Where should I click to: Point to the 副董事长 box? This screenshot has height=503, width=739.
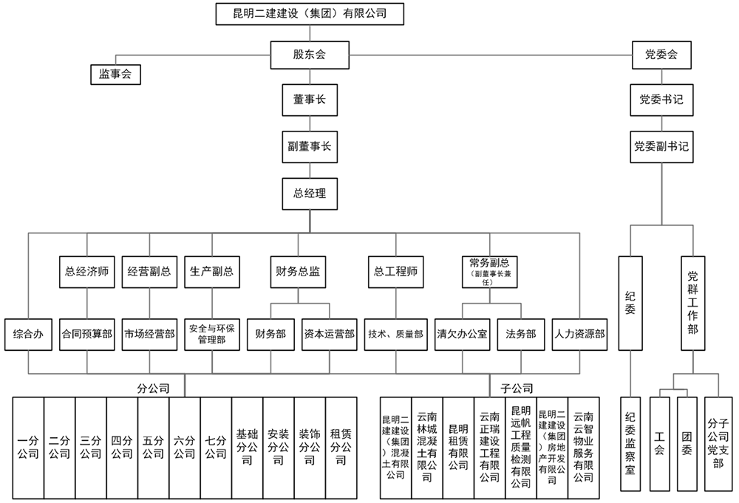(x=310, y=146)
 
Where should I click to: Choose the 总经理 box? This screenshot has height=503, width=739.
(x=310, y=194)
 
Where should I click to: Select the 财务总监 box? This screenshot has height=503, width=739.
(x=299, y=271)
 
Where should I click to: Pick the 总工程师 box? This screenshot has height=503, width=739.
(x=397, y=271)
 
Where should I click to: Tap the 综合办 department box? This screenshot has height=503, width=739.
(x=28, y=333)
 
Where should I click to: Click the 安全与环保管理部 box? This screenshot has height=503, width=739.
(x=211, y=334)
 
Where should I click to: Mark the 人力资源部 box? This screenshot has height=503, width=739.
(x=580, y=333)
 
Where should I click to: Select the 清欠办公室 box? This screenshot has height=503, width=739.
(x=463, y=333)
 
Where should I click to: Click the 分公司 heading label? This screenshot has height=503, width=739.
(x=154, y=388)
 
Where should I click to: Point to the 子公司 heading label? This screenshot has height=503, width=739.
(x=517, y=388)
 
